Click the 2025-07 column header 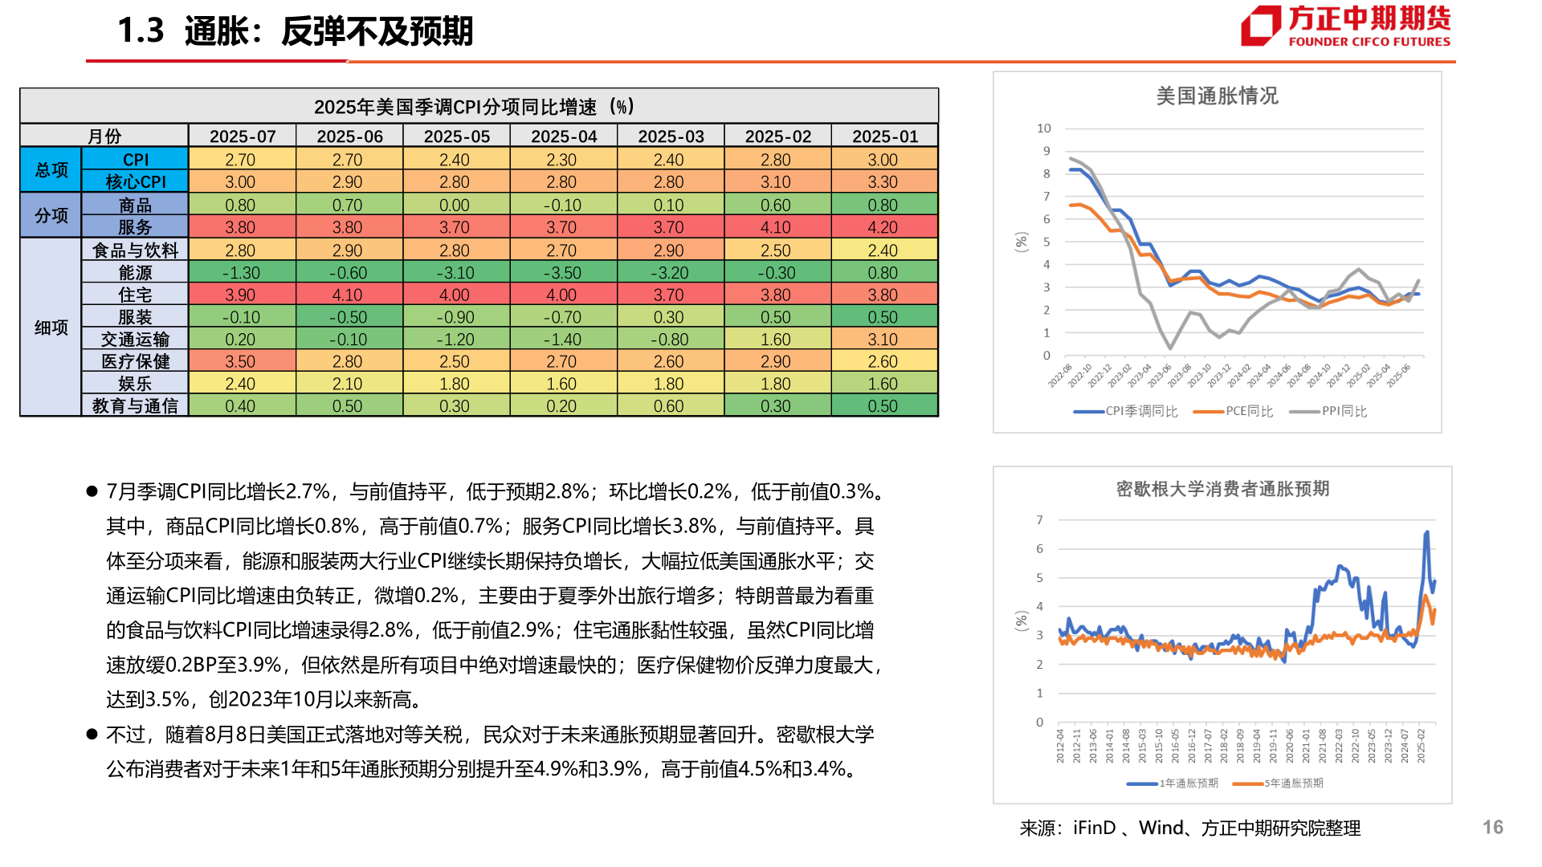pyautogui.click(x=242, y=136)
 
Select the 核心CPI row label pyautogui.click(x=135, y=182)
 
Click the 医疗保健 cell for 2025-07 pyautogui.click(x=240, y=362)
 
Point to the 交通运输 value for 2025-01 pyautogui.click(x=883, y=340)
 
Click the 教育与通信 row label pyautogui.click(x=135, y=406)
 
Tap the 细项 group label pyautogui.click(x=51, y=328)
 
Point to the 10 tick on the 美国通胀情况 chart pyautogui.click(x=1043, y=128)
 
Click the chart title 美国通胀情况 pyautogui.click(x=1217, y=96)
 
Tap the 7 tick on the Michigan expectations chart pyautogui.click(x=1039, y=520)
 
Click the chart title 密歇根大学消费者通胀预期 pyautogui.click(x=1222, y=489)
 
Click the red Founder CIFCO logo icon pyautogui.click(x=1260, y=26)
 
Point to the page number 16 pyautogui.click(x=1492, y=828)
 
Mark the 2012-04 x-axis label pyautogui.click(x=1060, y=746)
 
